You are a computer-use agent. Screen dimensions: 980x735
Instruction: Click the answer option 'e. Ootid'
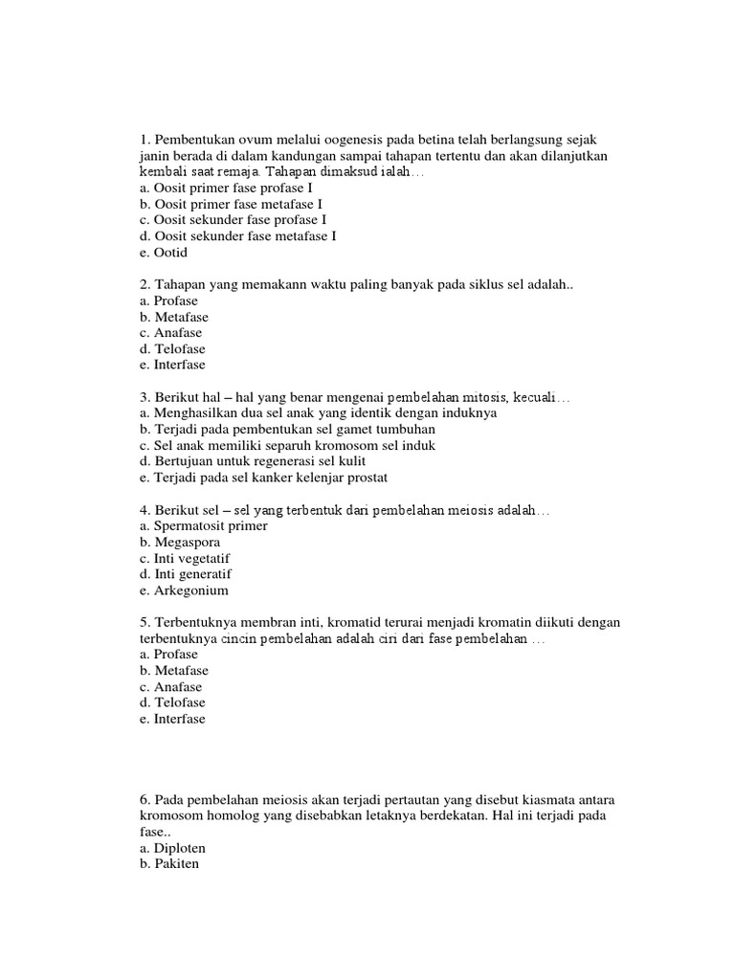point(164,253)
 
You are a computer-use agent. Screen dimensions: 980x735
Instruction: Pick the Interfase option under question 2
point(171,365)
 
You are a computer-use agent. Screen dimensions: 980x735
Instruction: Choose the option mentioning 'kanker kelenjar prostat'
point(263,478)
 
